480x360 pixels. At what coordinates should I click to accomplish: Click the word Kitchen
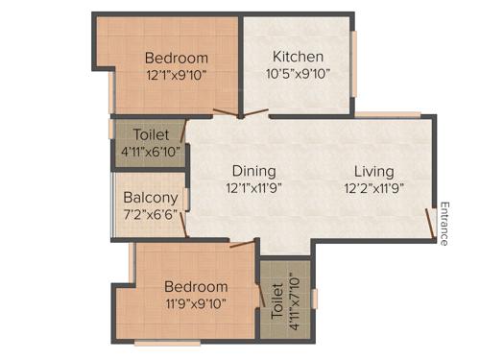(x=298, y=57)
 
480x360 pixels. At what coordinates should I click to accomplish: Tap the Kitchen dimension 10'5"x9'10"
(x=298, y=74)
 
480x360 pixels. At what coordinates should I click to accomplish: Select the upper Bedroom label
(x=176, y=57)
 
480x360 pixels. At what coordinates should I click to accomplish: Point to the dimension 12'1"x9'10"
(x=176, y=74)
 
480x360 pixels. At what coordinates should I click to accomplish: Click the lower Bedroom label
(x=196, y=286)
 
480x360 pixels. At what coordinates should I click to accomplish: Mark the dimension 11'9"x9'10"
(x=196, y=304)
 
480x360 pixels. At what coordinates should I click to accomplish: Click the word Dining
(x=253, y=171)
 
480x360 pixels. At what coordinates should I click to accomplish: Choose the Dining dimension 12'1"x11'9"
(x=253, y=188)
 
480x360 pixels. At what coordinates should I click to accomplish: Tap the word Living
(x=372, y=171)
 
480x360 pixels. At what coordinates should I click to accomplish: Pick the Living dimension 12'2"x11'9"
(x=372, y=188)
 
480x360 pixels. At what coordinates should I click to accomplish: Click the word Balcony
(x=148, y=200)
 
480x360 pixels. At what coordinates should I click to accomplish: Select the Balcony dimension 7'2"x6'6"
(x=148, y=217)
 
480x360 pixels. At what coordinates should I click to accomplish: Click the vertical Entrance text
(x=444, y=223)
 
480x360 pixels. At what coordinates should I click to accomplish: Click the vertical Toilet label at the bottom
(x=276, y=300)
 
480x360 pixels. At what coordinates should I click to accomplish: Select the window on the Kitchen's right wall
(x=355, y=63)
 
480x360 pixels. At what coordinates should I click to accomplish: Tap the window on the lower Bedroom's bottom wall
(x=167, y=341)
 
